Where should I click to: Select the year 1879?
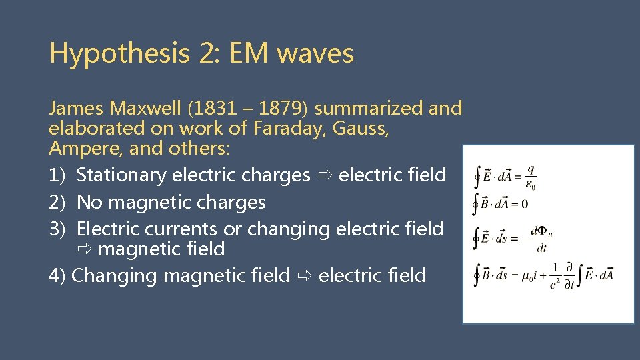click(275, 108)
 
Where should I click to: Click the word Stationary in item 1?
click(121, 175)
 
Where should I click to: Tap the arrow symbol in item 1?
click(325, 175)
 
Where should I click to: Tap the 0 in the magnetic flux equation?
click(525, 204)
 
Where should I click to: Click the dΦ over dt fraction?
click(540, 239)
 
